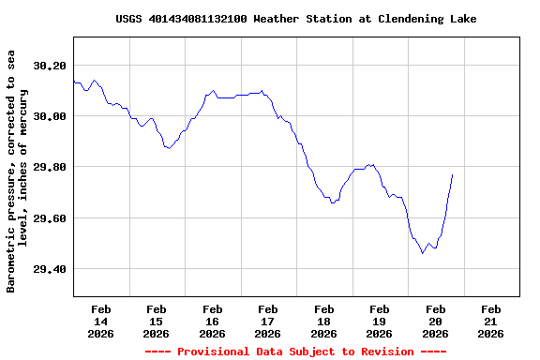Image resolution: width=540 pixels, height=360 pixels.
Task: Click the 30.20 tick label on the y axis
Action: (50, 66)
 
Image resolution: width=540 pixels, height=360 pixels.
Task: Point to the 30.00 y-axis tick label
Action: (50, 116)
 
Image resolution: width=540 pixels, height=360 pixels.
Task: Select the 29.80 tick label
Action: (50, 167)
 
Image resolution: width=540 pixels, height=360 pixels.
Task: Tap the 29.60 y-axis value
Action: (50, 218)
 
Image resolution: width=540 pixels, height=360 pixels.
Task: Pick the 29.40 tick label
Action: (50, 269)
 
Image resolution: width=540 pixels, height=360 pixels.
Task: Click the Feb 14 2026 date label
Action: (100, 321)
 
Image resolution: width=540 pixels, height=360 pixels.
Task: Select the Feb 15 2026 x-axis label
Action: (157, 321)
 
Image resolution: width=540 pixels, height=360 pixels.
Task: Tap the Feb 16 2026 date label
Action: (212, 321)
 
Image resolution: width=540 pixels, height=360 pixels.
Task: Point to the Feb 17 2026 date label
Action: (268, 321)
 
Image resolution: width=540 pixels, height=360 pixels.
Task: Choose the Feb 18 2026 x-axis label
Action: (323, 321)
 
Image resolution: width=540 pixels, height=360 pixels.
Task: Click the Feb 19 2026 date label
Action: (380, 321)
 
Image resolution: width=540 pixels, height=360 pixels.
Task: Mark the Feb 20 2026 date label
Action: (435, 321)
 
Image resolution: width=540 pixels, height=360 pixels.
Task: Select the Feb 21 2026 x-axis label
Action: (490, 321)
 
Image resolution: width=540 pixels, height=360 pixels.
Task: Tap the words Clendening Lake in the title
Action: (427, 19)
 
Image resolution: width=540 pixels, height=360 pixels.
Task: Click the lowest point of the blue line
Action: (422, 253)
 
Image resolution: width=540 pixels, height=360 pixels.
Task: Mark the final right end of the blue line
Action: (452, 174)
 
